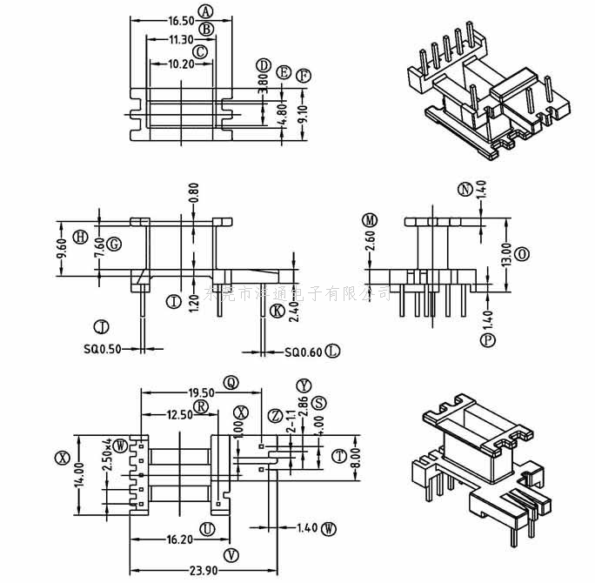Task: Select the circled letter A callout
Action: coord(205,11)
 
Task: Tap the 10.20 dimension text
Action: coord(180,64)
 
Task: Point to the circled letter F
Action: coord(303,76)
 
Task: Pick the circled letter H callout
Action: coord(80,237)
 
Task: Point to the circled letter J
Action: coord(102,327)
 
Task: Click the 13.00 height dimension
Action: coord(506,254)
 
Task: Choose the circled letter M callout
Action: coord(371,218)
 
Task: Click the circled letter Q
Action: coord(231,382)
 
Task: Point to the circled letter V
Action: coord(231,554)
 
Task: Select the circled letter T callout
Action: coord(338,455)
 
